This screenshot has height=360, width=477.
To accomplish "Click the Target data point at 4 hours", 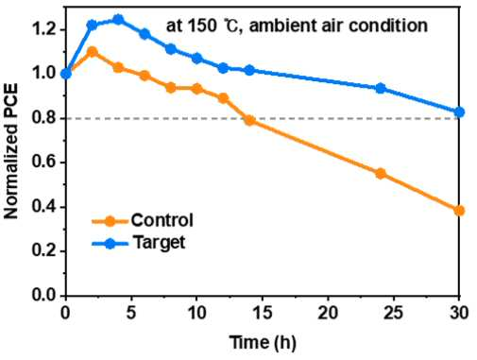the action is click(x=118, y=20).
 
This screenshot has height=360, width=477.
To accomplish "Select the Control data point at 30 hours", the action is click(x=459, y=211).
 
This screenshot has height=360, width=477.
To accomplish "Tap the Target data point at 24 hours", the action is click(x=381, y=88).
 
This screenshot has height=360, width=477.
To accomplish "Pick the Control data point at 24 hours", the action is click(x=381, y=173).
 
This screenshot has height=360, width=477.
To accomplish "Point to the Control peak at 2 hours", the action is click(x=92, y=52).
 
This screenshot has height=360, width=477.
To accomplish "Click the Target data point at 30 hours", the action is click(x=459, y=111).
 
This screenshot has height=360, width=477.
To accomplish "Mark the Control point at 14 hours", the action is click(x=249, y=120).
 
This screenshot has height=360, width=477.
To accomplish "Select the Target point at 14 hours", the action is click(x=249, y=70).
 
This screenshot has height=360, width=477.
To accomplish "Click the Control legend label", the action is click(x=162, y=220).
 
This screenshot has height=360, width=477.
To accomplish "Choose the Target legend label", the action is click(x=160, y=243).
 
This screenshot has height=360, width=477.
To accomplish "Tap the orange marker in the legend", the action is click(x=110, y=221).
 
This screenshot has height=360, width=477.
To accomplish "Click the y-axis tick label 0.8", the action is click(x=44, y=118).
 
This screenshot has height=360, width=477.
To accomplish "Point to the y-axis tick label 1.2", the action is click(x=44, y=30).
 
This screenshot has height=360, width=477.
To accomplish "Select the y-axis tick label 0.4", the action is click(x=44, y=207).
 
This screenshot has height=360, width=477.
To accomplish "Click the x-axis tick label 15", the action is click(x=263, y=313).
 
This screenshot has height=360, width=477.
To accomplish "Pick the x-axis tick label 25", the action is click(x=394, y=313).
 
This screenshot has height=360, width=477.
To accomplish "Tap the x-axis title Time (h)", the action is click(x=263, y=342).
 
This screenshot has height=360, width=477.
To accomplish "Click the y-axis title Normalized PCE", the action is click(x=11, y=151).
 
